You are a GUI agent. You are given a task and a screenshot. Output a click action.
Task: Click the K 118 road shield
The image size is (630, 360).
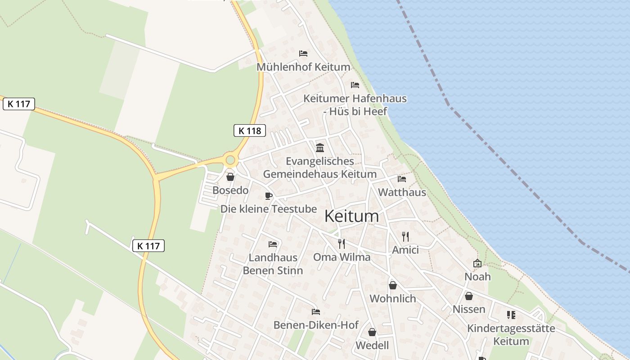click(x=250, y=130)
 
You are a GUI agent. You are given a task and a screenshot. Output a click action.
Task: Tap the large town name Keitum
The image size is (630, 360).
click(x=351, y=216)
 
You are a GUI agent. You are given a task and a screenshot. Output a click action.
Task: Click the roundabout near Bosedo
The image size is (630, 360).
click(x=231, y=160)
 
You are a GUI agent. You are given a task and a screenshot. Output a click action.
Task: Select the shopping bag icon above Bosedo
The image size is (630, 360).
click(x=230, y=177)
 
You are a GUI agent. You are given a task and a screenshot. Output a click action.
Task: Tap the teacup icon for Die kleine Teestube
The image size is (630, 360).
click(x=269, y=195)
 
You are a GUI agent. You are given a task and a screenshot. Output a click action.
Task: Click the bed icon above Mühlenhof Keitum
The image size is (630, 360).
click(x=303, y=54)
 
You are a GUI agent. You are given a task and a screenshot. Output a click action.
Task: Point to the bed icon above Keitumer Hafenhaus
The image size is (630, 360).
click(x=355, y=85)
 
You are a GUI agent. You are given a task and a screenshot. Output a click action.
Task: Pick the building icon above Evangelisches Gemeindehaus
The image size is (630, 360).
click(x=320, y=147)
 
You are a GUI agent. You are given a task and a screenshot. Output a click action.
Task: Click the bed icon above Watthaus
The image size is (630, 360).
click(x=402, y=179)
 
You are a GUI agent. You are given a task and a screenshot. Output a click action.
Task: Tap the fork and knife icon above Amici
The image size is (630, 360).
click(x=405, y=236)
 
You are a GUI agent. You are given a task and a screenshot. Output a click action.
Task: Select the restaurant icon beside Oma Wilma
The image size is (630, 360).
click(x=342, y=243)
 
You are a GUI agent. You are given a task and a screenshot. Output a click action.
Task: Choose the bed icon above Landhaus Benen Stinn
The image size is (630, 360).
click(x=273, y=244)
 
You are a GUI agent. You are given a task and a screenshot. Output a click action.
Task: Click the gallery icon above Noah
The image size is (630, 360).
click(x=477, y=263)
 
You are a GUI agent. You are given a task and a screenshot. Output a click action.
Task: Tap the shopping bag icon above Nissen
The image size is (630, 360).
click(x=469, y=296)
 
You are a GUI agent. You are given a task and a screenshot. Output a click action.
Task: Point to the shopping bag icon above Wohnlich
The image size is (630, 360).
click(x=393, y=285)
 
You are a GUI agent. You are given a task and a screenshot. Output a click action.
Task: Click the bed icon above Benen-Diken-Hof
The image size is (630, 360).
click(x=316, y=311)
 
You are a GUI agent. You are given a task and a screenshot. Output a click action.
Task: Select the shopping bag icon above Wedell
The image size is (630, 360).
click(x=372, y=332)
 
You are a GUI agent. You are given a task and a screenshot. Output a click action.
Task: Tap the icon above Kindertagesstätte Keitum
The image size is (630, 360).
click(x=511, y=315)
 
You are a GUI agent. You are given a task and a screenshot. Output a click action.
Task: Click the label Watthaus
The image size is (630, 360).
click(x=402, y=192)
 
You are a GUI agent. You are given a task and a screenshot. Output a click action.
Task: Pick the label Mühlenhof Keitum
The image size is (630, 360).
click(x=303, y=67)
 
